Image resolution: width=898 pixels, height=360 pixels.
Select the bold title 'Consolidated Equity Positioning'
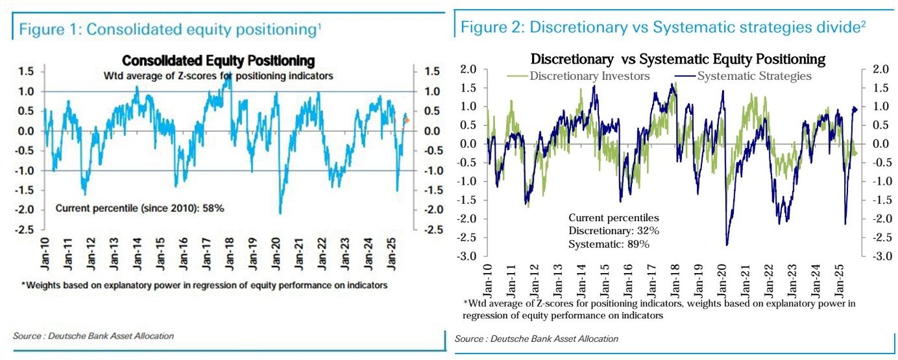tap(219, 61)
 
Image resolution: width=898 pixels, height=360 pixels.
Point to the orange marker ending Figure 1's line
tap(407, 120)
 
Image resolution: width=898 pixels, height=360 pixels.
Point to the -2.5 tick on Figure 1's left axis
tap(26, 230)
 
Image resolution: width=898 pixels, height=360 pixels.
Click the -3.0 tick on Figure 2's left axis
tap(468, 257)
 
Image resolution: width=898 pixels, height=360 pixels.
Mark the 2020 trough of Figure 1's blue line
tap(280, 213)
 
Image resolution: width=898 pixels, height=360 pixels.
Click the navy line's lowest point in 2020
tap(727, 245)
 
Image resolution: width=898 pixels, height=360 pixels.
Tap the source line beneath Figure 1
tap(93, 335)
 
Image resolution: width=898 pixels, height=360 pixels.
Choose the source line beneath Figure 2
tap(536, 339)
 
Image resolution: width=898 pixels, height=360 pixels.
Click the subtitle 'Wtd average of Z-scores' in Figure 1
tap(219, 76)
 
